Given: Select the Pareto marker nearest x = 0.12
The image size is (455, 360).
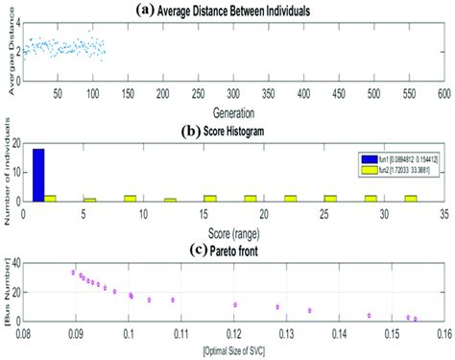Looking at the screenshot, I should [235, 304].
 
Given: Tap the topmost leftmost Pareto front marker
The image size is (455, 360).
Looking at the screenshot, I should [74, 273].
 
